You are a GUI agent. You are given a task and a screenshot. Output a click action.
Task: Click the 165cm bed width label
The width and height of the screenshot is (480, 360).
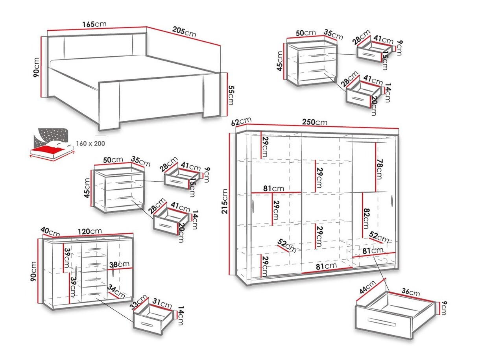tap(94, 24)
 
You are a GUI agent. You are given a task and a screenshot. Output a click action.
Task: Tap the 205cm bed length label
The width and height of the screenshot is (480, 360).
tap(183, 31)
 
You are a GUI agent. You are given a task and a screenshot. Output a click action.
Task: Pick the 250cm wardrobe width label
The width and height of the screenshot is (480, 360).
tap(315, 122)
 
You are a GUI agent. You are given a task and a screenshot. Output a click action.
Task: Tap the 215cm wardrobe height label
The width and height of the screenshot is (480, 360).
tap(225, 201)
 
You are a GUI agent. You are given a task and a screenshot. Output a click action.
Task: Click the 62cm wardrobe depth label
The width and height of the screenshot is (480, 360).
tap(241, 122)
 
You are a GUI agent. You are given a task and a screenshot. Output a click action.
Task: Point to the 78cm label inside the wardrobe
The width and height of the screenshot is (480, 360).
tap(379, 169)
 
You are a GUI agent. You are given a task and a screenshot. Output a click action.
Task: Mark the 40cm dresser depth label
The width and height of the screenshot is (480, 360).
tap(50, 232)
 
